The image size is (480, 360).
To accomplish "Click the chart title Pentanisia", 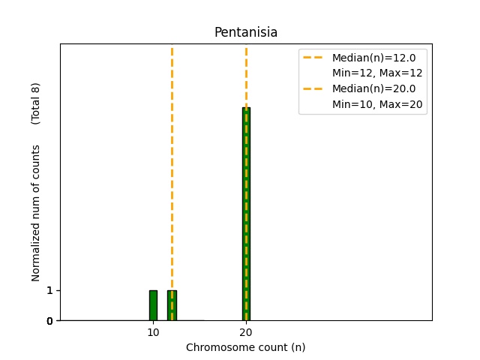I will (246, 33).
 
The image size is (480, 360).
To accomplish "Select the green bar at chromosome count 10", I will (153, 305).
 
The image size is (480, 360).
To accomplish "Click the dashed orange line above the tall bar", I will (246, 75).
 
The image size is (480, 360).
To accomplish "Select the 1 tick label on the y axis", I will (49, 290).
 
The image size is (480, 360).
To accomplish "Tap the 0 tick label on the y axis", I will (49, 321).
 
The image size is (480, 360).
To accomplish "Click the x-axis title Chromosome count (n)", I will (246, 347).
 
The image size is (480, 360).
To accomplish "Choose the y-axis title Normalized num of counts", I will (36, 213).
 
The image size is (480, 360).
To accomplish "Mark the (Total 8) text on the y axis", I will (36, 103).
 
